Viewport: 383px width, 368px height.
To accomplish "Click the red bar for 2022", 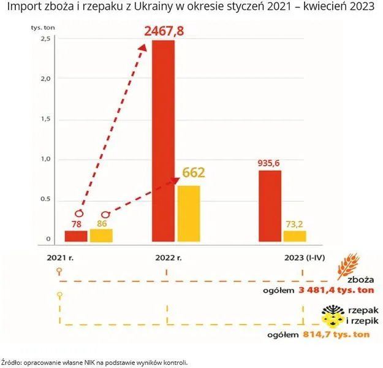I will (x=163, y=141).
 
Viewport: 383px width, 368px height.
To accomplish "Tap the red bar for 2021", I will (x=76, y=236).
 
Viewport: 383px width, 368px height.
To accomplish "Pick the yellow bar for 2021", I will (x=101, y=235).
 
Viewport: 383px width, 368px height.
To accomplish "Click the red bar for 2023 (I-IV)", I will (x=270, y=206).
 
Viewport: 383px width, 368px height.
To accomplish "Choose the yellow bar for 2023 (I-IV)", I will (x=295, y=236).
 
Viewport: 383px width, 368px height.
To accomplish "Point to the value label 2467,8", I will (x=164, y=31).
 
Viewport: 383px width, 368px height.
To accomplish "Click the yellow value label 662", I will (x=193, y=172).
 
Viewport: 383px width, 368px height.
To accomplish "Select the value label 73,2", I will (x=294, y=224).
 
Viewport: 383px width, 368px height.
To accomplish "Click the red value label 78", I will (x=77, y=224).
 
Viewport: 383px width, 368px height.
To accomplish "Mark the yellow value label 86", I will (x=102, y=224).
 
